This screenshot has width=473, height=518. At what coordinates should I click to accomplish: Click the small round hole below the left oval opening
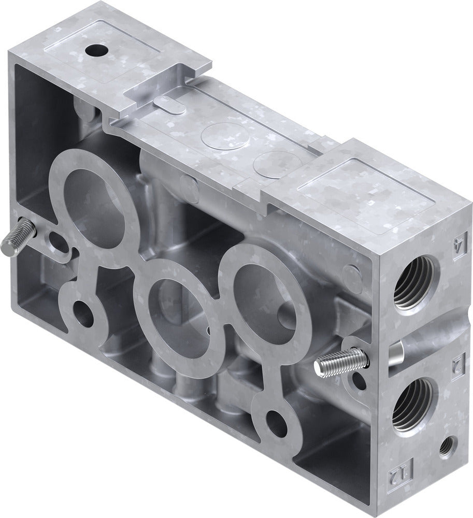(82, 312)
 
